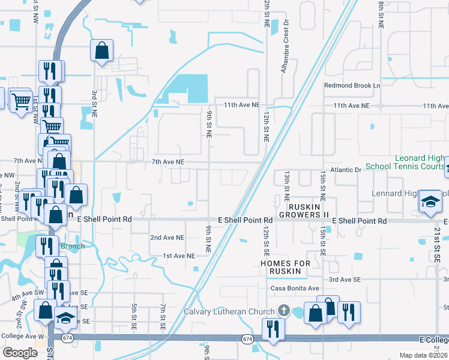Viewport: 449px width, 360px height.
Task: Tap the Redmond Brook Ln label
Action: pyautogui.click(x=352, y=86)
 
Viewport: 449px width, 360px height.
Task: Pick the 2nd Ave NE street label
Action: pyautogui.click(x=167, y=238)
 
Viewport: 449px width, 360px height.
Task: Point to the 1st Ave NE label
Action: pyautogui.click(x=179, y=256)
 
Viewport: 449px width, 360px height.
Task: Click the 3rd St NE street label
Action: pyautogui.click(x=94, y=103)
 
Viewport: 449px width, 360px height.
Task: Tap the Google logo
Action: pyautogui.click(x=20, y=353)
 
